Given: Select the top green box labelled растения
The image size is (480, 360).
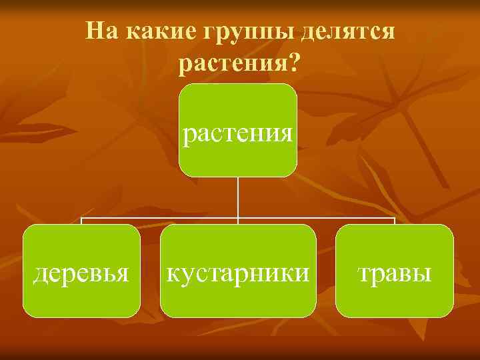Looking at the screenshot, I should click(238, 130).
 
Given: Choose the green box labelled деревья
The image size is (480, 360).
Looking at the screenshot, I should click(81, 271).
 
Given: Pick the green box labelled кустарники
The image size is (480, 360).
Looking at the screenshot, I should click(238, 271).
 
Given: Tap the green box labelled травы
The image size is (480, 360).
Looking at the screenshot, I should click(394, 271).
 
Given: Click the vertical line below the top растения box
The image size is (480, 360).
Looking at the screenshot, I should click(238, 197).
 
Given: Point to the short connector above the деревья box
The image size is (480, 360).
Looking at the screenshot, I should click(81, 221).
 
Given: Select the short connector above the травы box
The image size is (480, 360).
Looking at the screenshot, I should click(395, 221).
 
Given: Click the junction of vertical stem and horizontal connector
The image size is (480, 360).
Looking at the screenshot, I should click(238, 217).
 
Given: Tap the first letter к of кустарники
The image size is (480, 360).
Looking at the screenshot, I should click(172, 273).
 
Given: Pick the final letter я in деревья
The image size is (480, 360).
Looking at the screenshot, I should click(123, 273).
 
